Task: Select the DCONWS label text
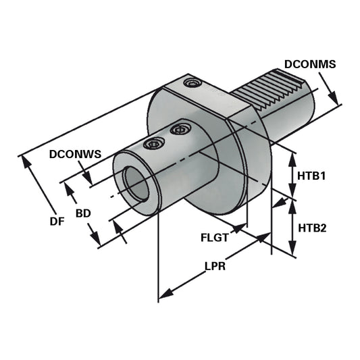[75, 153]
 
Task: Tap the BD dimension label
[83, 213]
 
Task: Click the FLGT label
[215, 238]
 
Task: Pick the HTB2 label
[312, 228]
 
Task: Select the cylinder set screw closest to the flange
[179, 128]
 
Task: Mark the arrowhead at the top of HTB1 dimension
[292, 157]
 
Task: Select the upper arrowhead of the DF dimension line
[28, 160]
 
